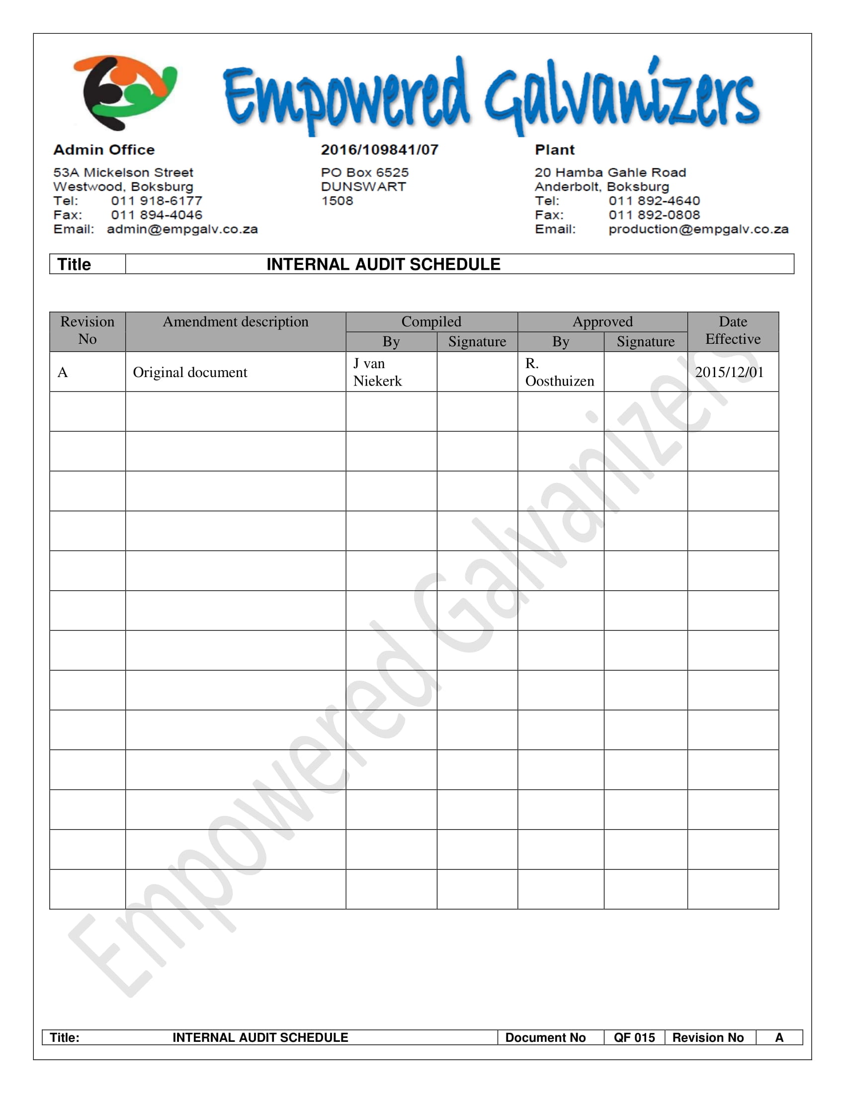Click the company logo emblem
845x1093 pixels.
click(x=125, y=92)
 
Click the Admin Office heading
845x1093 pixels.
click(x=104, y=150)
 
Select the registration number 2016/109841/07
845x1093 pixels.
click(x=379, y=150)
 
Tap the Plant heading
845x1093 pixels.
click(x=555, y=150)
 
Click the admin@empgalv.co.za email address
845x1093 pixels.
click(x=182, y=229)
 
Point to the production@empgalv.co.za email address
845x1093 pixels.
click(x=698, y=229)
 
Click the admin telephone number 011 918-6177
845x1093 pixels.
click(x=157, y=201)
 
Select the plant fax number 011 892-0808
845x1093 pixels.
click(x=654, y=215)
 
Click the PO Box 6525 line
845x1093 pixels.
click(x=364, y=173)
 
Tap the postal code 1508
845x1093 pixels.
click(x=337, y=201)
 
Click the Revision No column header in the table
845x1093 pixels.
click(x=87, y=330)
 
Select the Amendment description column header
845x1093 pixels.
click(x=235, y=322)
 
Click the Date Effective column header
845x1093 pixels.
click(x=733, y=330)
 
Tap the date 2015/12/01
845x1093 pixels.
click(x=729, y=372)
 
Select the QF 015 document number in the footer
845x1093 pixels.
click(x=634, y=1038)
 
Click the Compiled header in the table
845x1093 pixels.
click(x=431, y=321)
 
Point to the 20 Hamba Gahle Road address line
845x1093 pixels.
click(x=610, y=173)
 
